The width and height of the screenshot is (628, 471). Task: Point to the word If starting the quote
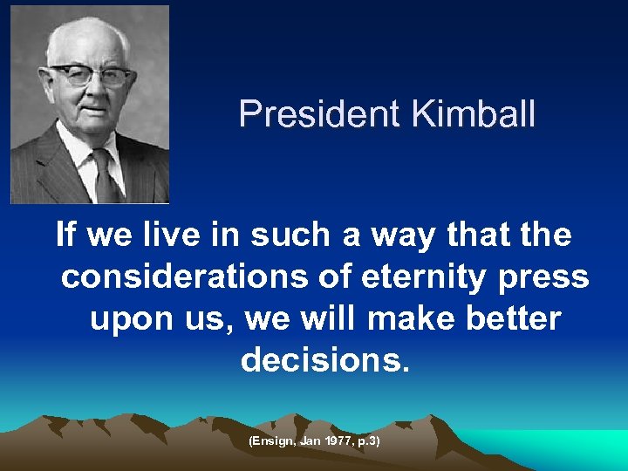65,235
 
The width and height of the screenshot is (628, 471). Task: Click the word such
282,235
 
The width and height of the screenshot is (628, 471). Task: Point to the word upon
130,320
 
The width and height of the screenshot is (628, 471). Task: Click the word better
516,318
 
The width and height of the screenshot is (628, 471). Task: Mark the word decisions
324,359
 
